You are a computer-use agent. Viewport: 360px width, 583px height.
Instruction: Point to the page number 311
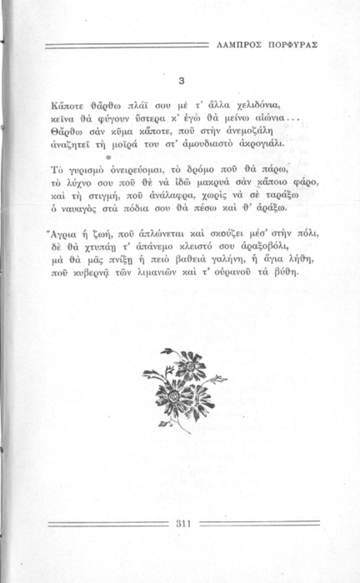click(185, 523)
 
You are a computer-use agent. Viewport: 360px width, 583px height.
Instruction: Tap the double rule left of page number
click(108, 523)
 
